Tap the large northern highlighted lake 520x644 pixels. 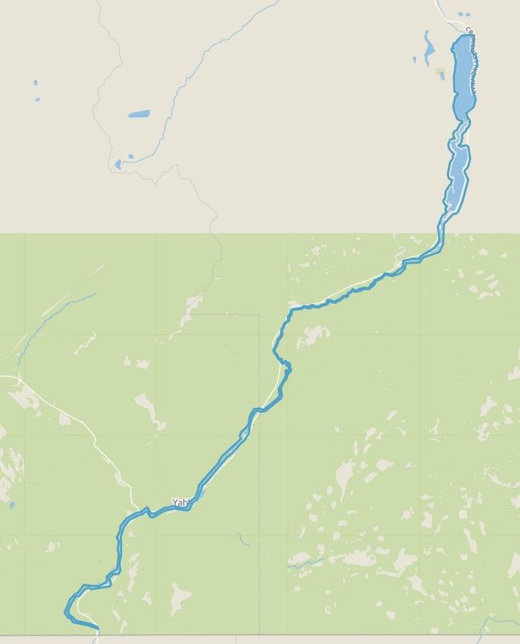click(463, 76)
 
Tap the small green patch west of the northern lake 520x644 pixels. click(440, 72)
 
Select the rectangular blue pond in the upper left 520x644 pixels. click(138, 114)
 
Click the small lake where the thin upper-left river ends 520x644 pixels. click(118, 164)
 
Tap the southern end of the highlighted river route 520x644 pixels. click(96, 626)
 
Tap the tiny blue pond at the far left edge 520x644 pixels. click(12, 505)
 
